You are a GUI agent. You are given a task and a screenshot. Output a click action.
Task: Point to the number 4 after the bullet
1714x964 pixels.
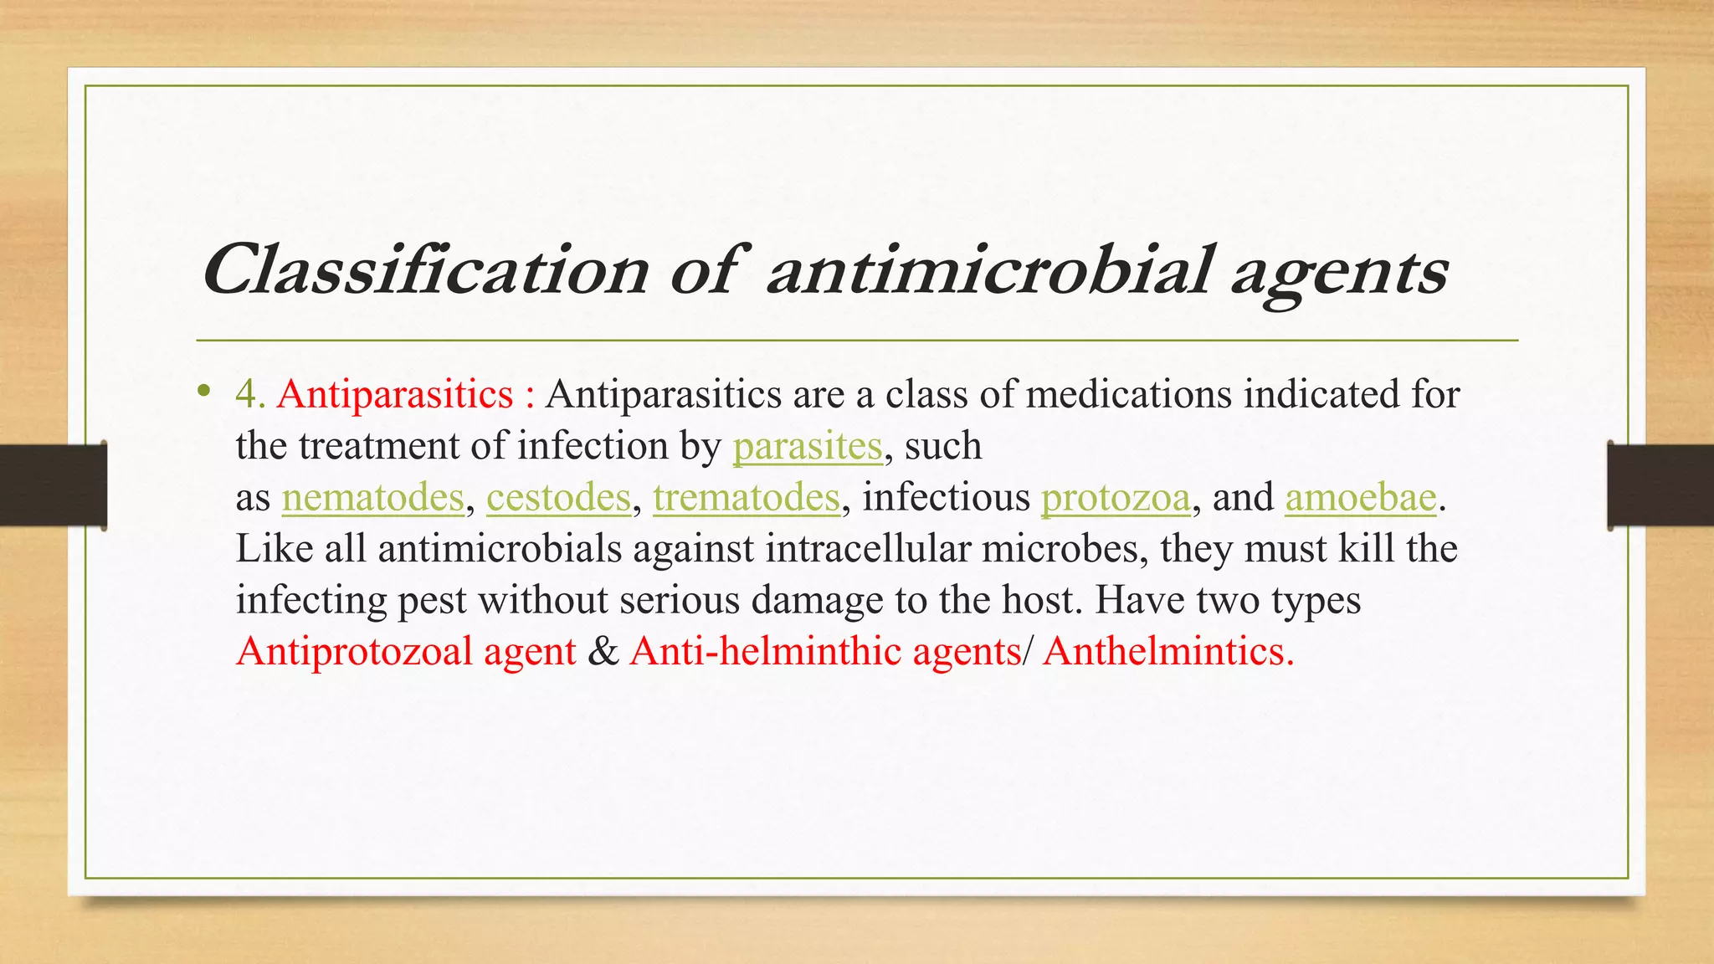click(246, 394)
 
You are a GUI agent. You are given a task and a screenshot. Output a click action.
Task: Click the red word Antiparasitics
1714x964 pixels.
click(395, 394)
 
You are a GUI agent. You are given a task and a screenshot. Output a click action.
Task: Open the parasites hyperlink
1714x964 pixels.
click(808, 446)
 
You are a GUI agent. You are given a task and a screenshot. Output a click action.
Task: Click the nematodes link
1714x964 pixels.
click(372, 498)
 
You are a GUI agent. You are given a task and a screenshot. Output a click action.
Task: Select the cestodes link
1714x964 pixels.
click(558, 498)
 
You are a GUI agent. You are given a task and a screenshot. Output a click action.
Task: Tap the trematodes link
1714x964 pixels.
click(747, 498)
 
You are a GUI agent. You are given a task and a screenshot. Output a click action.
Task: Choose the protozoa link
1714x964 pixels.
click(1115, 498)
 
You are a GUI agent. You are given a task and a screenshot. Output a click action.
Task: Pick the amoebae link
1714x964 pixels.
click(1361, 498)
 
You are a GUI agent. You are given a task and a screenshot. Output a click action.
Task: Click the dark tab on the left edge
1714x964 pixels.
click(53, 485)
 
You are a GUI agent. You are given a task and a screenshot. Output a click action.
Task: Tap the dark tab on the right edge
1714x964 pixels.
click(1660, 485)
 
